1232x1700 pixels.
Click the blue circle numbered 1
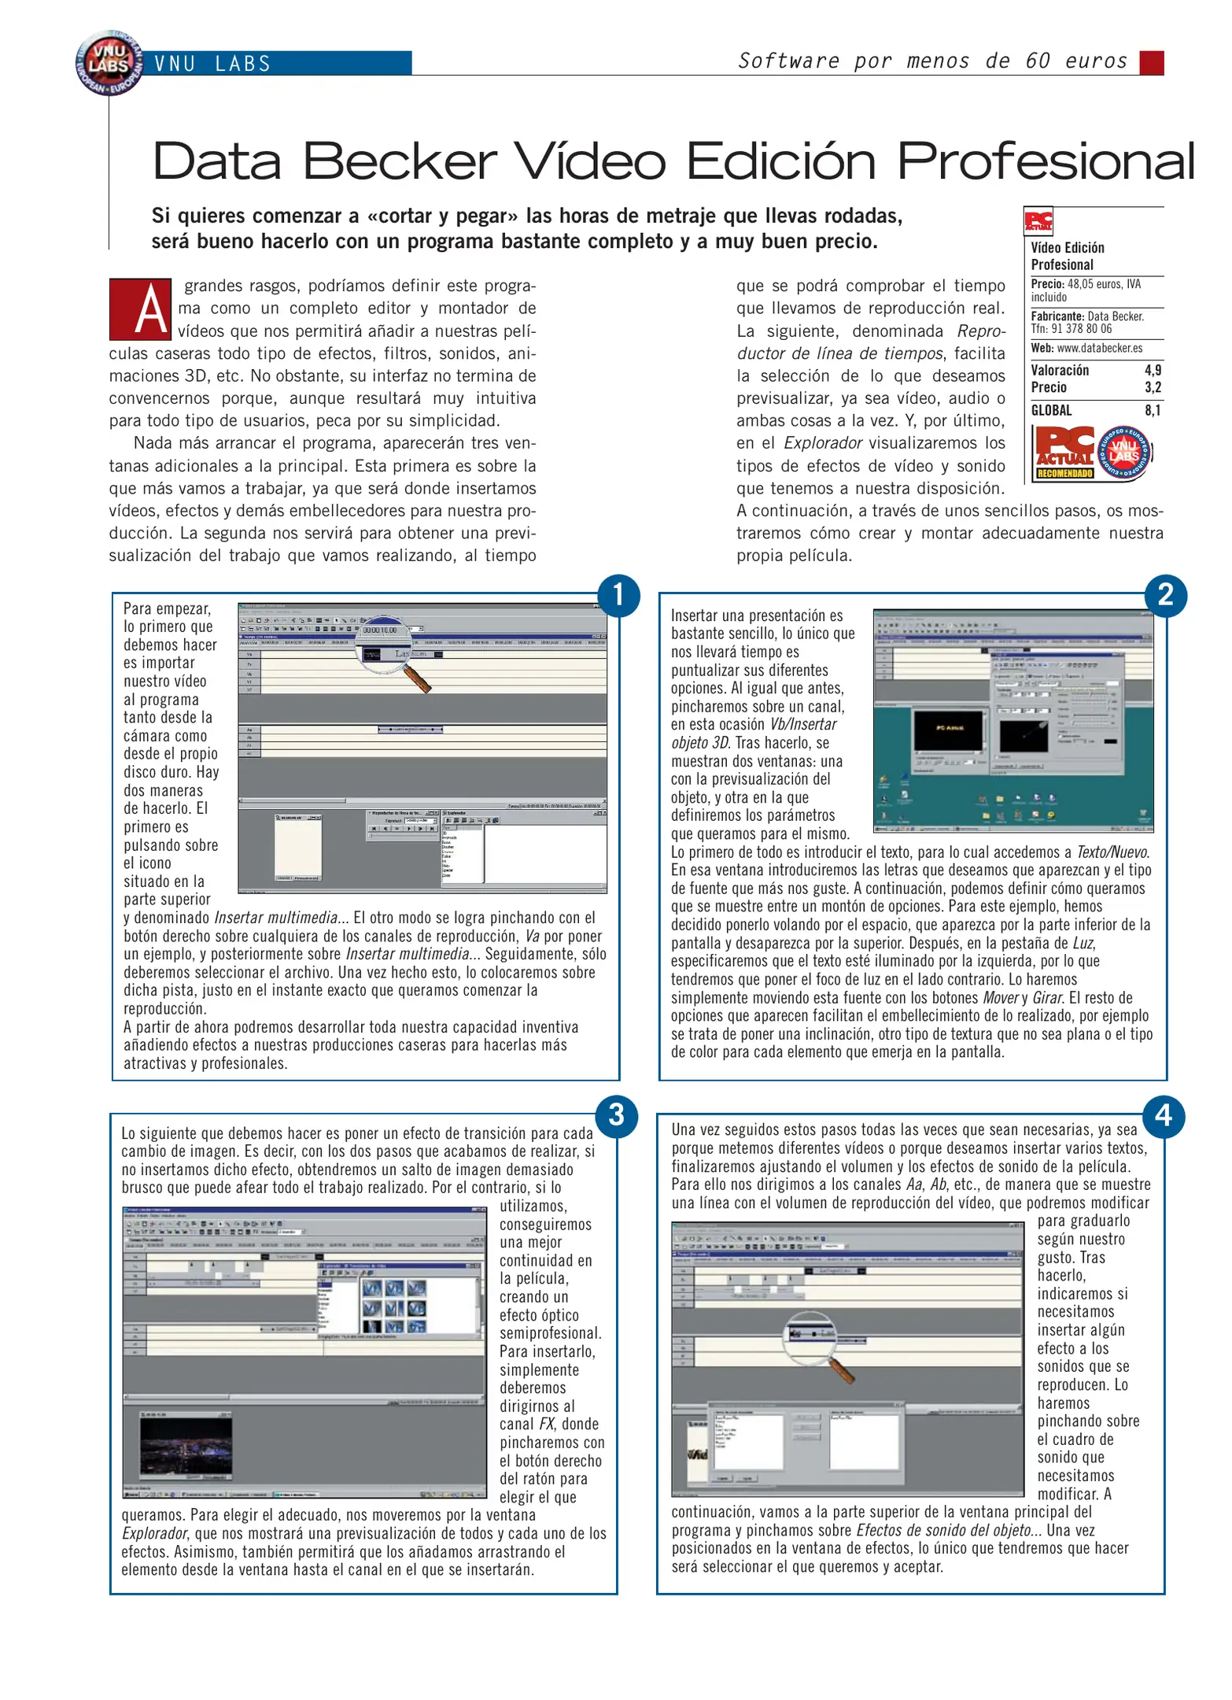[x=618, y=595]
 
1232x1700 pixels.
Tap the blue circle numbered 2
[x=1165, y=595]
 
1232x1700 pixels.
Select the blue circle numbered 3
[x=617, y=1115]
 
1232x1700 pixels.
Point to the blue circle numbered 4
[x=1164, y=1115]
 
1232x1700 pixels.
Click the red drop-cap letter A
[x=140, y=309]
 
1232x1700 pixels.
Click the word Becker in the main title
[x=400, y=161]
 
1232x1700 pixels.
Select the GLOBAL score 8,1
[x=1153, y=410]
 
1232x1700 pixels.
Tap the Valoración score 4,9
[x=1153, y=370]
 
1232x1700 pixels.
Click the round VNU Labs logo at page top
[x=109, y=63]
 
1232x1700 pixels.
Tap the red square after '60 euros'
[x=1151, y=62]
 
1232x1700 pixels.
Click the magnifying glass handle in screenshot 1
[x=417, y=678]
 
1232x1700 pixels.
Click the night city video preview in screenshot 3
[x=186, y=1450]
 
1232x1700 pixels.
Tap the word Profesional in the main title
[x=1046, y=161]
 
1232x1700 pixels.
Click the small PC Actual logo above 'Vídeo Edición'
[x=1038, y=222]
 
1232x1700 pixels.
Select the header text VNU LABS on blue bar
[x=212, y=64]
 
